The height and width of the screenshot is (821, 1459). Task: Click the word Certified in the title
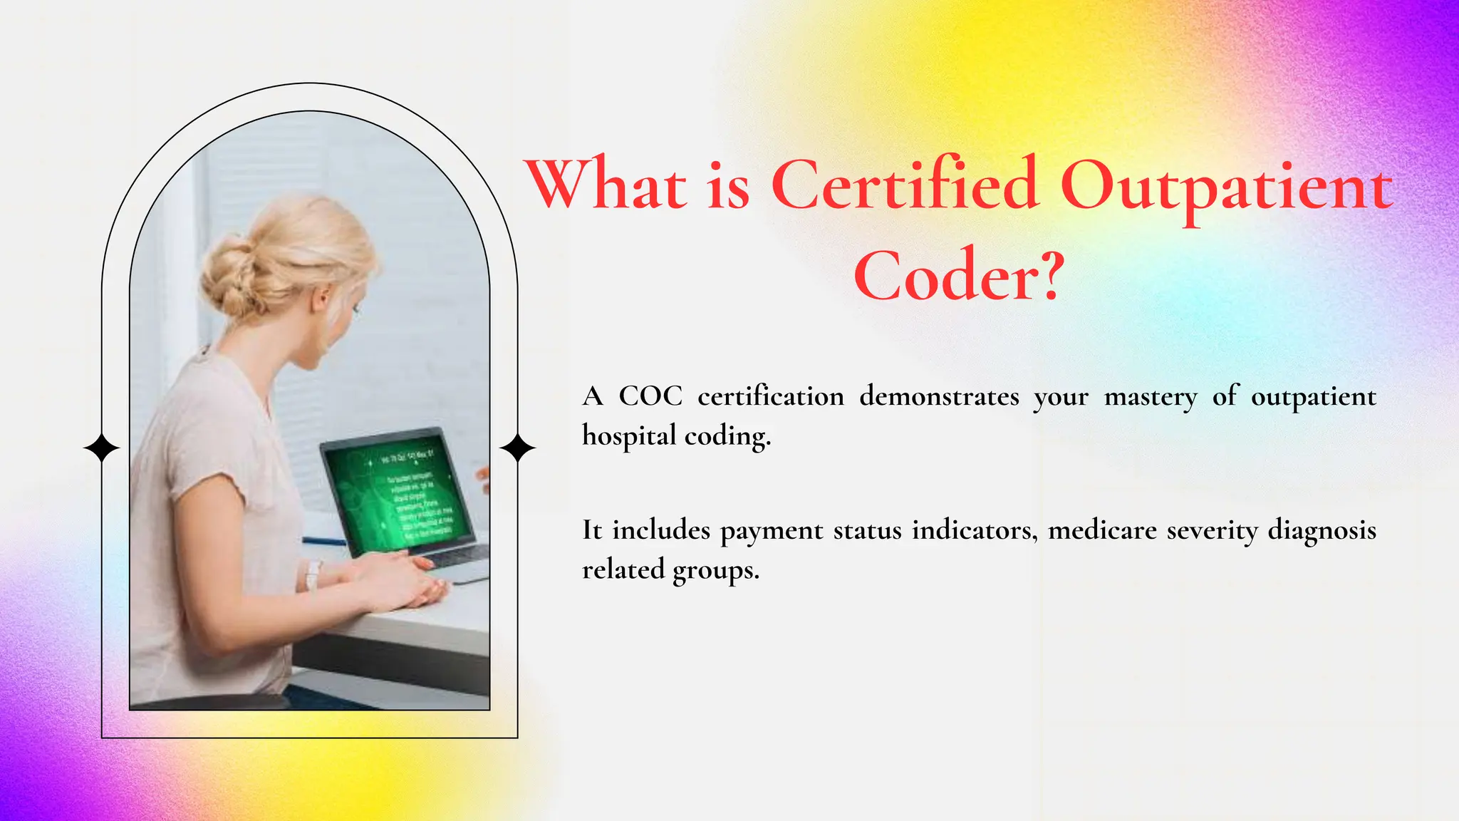pyautogui.click(x=904, y=185)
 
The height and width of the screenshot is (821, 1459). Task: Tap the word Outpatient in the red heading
pyautogui.click(x=1226, y=187)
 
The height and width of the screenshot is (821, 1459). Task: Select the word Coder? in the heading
pyautogui.click(x=959, y=277)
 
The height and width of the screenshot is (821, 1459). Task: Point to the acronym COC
pyautogui.click(x=650, y=396)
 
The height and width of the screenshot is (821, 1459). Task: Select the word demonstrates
pyautogui.click(x=939, y=396)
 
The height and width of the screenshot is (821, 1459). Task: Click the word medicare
pyautogui.click(x=1102, y=530)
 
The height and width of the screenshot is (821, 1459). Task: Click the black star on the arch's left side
pyautogui.click(x=102, y=448)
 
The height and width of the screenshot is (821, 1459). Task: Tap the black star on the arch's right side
pyautogui.click(x=517, y=448)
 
